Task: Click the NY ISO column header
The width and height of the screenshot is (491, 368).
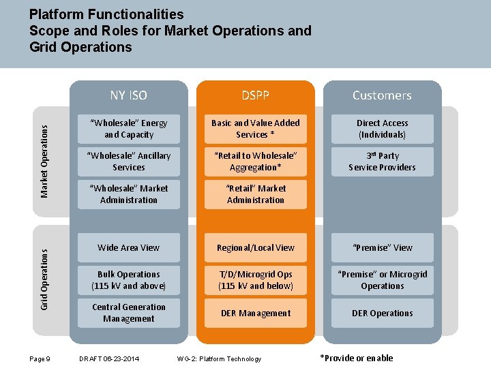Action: (x=128, y=95)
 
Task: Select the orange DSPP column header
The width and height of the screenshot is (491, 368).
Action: (x=256, y=95)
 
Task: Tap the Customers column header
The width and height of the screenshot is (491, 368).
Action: (x=382, y=95)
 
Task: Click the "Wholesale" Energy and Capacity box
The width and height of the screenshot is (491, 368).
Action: (x=129, y=129)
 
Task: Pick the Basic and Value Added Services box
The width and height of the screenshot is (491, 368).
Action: (x=256, y=129)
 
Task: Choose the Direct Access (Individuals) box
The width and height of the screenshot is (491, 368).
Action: (x=383, y=129)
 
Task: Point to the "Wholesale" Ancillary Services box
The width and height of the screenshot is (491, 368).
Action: (x=129, y=162)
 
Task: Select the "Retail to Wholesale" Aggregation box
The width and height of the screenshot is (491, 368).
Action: (x=256, y=162)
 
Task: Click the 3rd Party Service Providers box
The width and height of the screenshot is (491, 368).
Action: (x=383, y=162)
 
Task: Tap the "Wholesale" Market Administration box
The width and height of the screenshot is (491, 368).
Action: (x=129, y=194)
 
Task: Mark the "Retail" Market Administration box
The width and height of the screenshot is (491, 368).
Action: (x=256, y=194)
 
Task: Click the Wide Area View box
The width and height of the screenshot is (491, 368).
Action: (x=129, y=247)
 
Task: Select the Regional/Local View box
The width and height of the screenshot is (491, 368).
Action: (x=256, y=247)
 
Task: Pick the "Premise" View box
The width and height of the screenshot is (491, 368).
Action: (x=383, y=247)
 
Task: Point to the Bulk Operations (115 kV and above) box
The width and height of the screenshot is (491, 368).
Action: (x=129, y=280)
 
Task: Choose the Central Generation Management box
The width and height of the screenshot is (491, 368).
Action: (x=129, y=313)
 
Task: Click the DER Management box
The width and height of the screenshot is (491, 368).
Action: (x=256, y=313)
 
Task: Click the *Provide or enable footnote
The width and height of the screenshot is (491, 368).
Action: (x=357, y=358)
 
